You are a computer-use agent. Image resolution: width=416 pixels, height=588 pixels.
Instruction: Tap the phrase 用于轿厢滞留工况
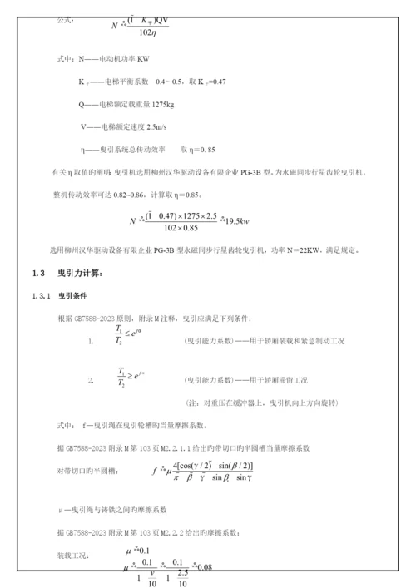pyautogui.click(x=275, y=380)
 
